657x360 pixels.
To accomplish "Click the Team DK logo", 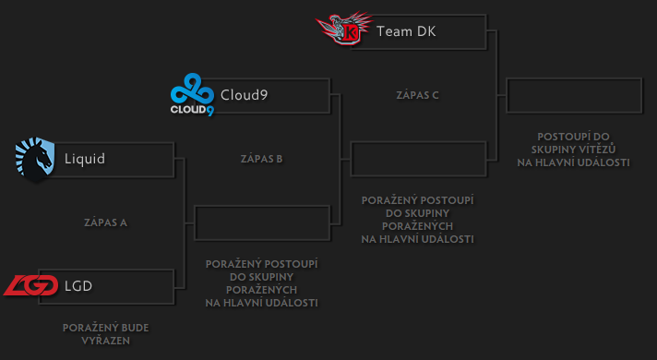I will [x=344, y=30].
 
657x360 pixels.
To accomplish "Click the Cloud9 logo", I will [x=192, y=96].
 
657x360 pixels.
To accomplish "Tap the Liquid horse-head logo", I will [x=36, y=158].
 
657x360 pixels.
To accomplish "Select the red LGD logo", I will [x=31, y=286].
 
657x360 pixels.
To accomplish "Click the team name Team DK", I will [x=406, y=32].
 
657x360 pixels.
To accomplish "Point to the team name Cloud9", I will [x=245, y=95].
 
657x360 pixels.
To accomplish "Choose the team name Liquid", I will [x=85, y=159].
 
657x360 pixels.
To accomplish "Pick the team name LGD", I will [x=78, y=286].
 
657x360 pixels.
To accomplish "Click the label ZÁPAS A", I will [x=105, y=222].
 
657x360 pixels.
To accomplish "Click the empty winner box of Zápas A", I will [x=262, y=222].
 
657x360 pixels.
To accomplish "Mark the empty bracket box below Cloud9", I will [x=418, y=159].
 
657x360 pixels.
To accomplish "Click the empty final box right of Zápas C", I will [x=574, y=95].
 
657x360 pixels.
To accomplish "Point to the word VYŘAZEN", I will [x=105, y=341].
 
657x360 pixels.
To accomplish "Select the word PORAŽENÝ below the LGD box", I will [x=89, y=328].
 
